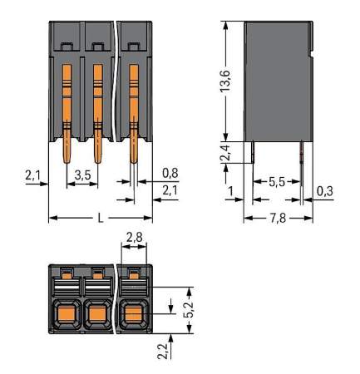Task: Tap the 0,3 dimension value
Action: pyautogui.click(x=327, y=192)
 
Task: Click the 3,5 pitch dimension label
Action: pyautogui.click(x=82, y=175)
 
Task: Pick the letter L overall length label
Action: pyautogui.click(x=101, y=218)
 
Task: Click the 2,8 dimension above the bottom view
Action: pyautogui.click(x=133, y=239)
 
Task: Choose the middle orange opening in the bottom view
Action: pyautogui.click(x=97, y=315)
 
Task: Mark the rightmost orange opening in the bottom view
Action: pyautogui.click(x=132, y=315)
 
